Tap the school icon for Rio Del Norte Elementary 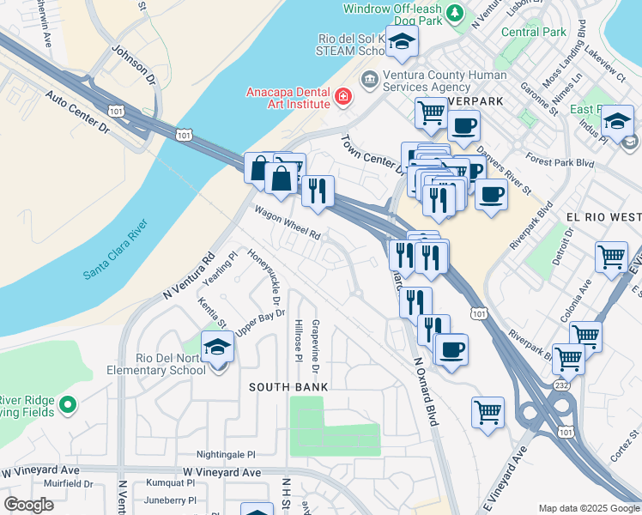(218, 348)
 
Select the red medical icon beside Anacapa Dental (343, 97)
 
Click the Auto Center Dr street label (78, 113)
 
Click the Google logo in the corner (28, 505)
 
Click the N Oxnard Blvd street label (425, 391)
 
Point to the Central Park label (534, 33)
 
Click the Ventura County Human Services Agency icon (369, 81)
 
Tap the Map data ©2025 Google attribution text (588, 508)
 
